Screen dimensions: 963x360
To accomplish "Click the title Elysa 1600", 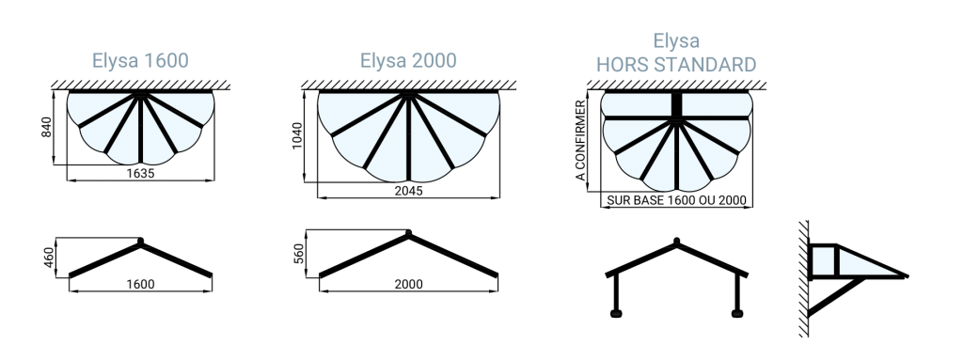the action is [x=140, y=60].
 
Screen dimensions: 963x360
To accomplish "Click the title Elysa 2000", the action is [x=408, y=60].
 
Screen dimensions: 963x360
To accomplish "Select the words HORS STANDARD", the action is [x=676, y=65].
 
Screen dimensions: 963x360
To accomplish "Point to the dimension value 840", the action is [x=47, y=127].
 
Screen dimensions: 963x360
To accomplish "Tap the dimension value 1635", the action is [x=141, y=173].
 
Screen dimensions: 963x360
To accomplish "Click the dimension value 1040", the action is [x=297, y=135].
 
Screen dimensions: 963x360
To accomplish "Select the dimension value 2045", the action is [x=408, y=191].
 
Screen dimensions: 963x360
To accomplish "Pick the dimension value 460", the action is [x=49, y=257].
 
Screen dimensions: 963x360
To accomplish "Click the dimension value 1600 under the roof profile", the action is [x=141, y=284].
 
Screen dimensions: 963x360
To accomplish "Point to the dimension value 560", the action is [x=298, y=253].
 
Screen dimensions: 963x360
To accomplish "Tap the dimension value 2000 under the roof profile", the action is [x=408, y=284].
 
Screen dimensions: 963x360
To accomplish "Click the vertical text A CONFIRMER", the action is [x=580, y=141].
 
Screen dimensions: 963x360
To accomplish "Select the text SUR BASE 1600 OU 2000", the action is [x=676, y=200].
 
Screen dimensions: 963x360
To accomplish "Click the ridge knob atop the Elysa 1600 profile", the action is [x=141, y=241].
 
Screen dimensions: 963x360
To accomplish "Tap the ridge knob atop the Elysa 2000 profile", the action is [x=408, y=233].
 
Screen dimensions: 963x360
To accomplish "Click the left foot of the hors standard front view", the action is [x=616, y=314].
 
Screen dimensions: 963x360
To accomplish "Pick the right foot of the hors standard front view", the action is [x=737, y=314].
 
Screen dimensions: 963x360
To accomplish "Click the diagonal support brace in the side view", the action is [x=836, y=297].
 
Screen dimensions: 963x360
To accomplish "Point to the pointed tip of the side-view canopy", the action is [x=907, y=275].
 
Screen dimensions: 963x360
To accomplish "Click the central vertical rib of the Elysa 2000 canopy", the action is [x=408, y=137].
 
